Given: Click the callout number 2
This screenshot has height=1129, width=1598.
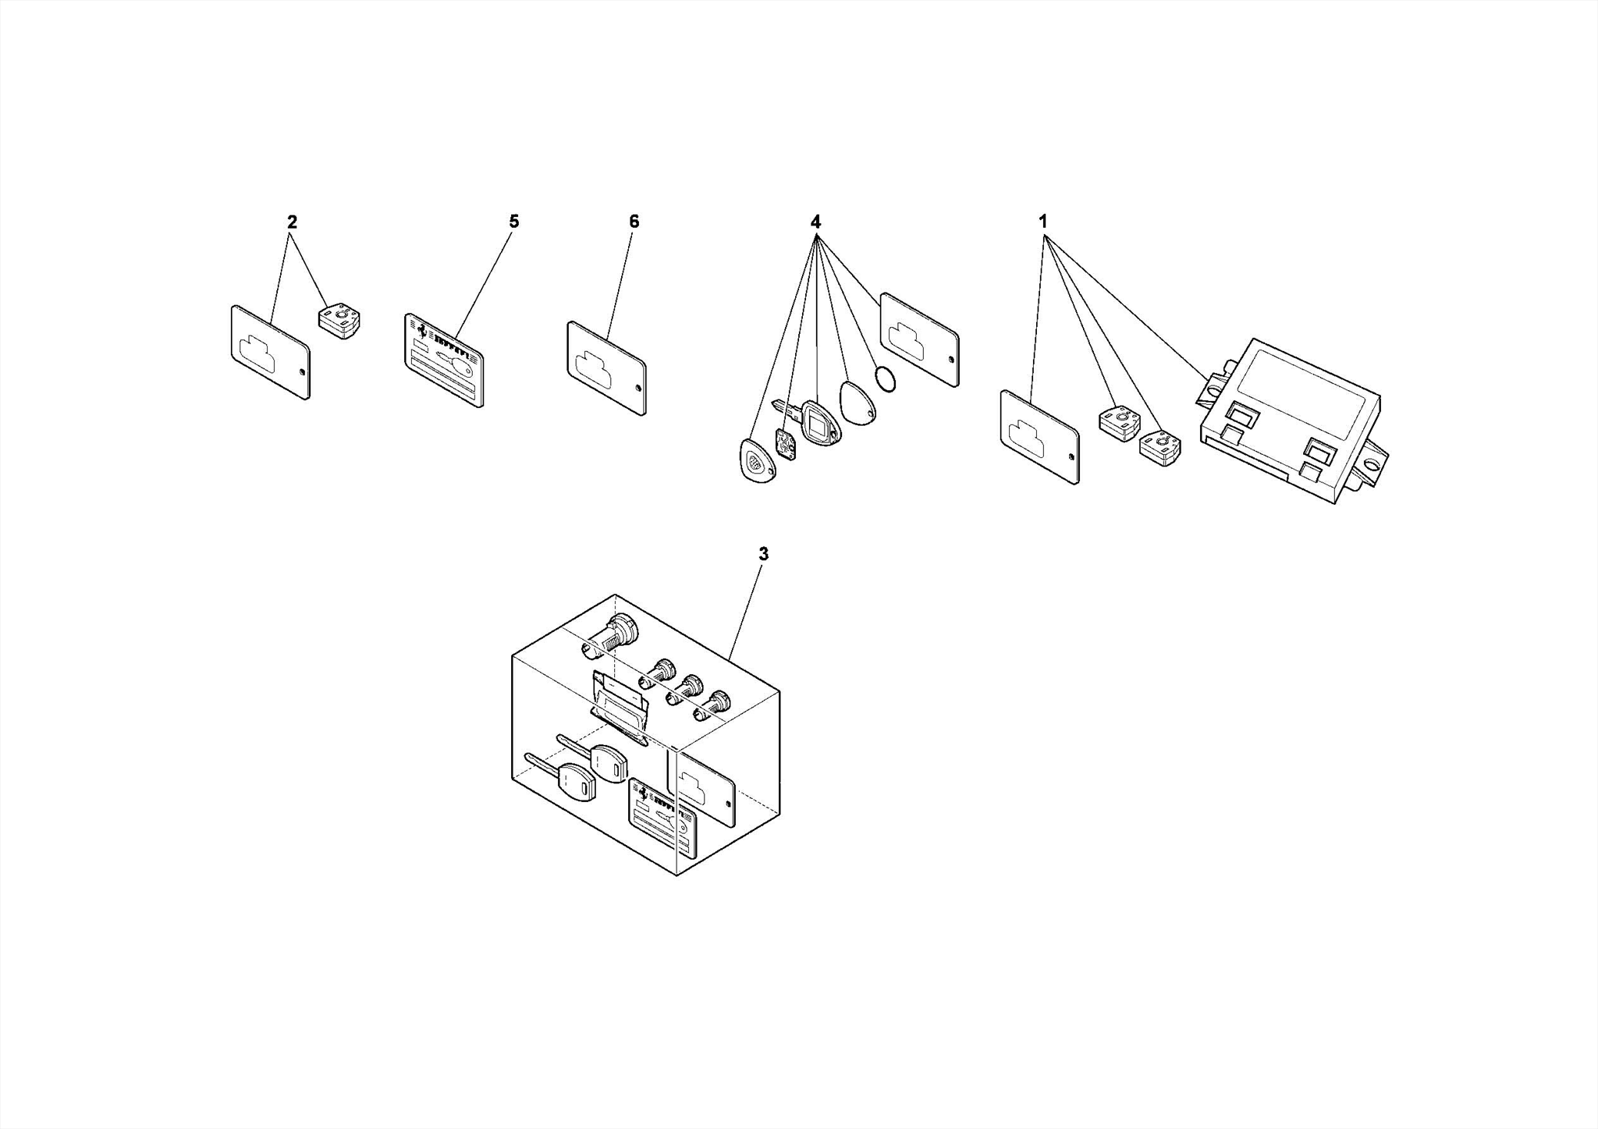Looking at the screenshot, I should pyautogui.click(x=292, y=222).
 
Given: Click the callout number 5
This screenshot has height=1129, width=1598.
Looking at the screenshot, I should pyautogui.click(x=513, y=222).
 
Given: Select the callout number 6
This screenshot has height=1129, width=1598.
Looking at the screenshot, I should pyautogui.click(x=634, y=222).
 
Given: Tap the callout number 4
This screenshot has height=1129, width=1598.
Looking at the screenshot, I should pyautogui.click(x=815, y=222).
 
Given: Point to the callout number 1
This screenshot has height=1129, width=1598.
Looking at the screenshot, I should pyautogui.click(x=1042, y=222).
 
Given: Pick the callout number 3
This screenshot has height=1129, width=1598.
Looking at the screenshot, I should pyautogui.click(x=763, y=554).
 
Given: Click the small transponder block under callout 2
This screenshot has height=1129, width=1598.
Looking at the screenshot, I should pyautogui.click(x=339, y=321).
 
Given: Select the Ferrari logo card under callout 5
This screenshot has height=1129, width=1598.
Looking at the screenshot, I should pyautogui.click(x=443, y=360).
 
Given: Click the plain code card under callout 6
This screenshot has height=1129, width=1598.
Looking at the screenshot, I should pyautogui.click(x=606, y=368).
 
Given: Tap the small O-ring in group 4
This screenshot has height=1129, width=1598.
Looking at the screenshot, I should pyautogui.click(x=885, y=378).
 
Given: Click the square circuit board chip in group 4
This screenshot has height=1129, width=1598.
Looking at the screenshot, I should pyautogui.click(x=786, y=445).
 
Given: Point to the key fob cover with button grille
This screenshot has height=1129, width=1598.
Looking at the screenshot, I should pyautogui.click(x=758, y=461).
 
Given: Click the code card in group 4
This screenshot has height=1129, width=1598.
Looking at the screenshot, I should pyautogui.click(x=919, y=339).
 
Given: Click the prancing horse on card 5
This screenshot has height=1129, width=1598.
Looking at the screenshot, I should pyautogui.click(x=422, y=331).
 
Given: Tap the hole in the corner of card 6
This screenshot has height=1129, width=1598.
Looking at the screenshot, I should pyautogui.click(x=637, y=388).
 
